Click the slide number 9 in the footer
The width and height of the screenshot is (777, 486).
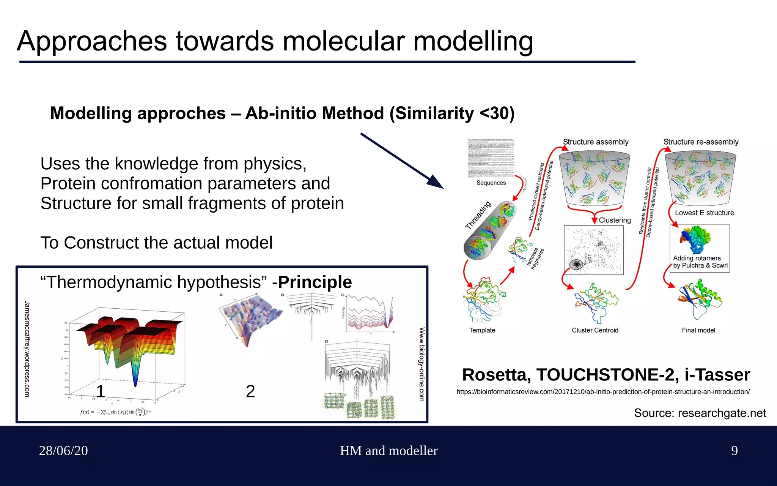734,451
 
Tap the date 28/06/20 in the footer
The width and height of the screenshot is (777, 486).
63,451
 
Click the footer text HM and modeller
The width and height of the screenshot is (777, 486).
388,451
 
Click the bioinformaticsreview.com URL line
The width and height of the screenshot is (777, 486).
603,392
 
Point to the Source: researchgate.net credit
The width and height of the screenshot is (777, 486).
700,413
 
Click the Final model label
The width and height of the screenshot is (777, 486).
698,330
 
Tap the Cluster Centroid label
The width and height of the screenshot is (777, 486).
595,330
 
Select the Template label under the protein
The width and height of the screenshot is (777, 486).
482,330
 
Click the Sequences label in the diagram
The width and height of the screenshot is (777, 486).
491,183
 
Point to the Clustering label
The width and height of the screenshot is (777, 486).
615,220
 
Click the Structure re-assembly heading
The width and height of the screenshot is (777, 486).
701,142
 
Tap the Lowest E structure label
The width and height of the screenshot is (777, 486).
704,213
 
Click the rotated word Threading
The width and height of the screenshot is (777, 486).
478,215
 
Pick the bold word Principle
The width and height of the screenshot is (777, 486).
315,282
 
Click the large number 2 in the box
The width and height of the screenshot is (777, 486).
250,391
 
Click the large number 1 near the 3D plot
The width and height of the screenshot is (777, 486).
101,391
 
